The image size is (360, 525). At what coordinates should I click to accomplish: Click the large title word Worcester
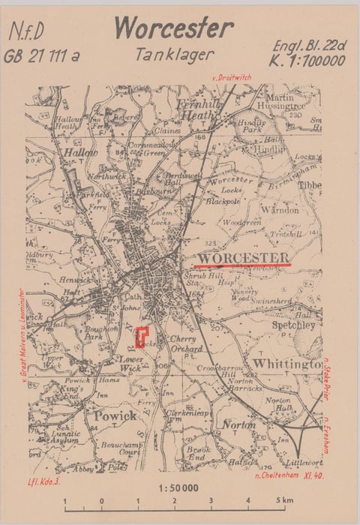pos(174,28)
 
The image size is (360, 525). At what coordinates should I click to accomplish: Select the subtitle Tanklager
pos(175,54)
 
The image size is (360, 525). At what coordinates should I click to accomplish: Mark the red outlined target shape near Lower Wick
pos(140,337)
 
